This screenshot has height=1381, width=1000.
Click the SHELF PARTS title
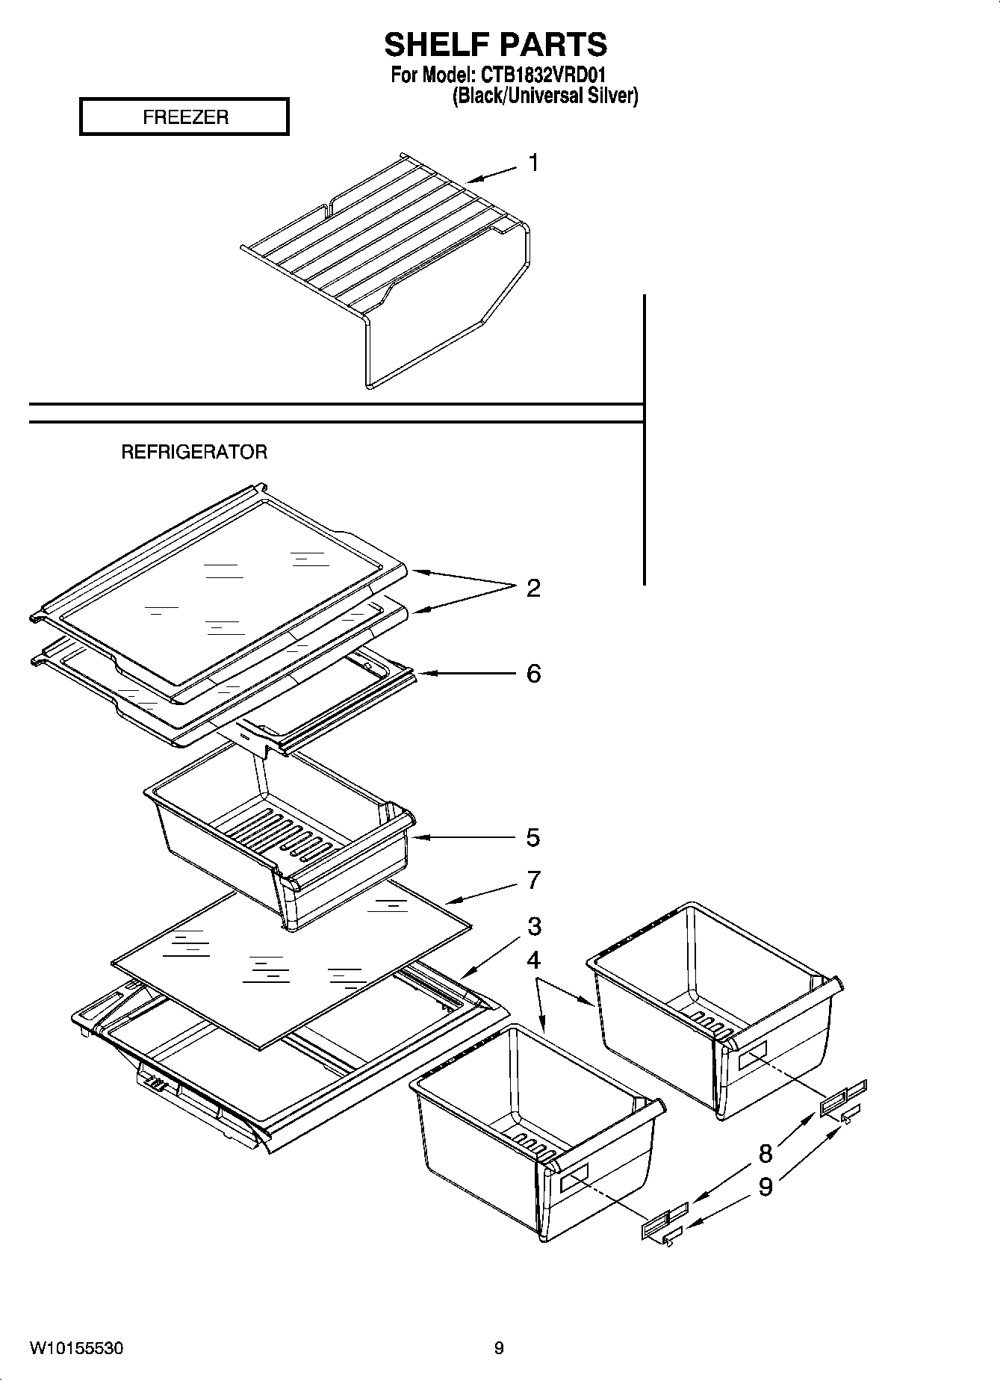(495, 45)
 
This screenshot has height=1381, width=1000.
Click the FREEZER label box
(184, 117)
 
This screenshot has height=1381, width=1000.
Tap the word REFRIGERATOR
(194, 452)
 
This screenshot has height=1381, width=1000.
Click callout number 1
(533, 163)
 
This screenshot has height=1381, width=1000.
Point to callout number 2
(532, 589)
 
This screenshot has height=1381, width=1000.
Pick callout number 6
(533, 674)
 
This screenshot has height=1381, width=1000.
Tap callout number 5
(532, 837)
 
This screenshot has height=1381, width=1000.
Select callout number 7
(533, 881)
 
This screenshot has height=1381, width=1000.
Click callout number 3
(533, 926)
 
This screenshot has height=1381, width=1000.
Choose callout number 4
(533, 960)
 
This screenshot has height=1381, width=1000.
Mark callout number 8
(765, 1154)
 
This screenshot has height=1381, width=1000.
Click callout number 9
(765, 1187)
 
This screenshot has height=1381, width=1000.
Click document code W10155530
(76, 1349)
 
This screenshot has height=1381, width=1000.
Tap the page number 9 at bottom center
(499, 1348)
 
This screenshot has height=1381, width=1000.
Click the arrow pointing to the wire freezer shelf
(490, 175)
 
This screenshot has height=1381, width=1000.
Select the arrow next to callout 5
(463, 837)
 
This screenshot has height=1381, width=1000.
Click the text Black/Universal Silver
(544, 96)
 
